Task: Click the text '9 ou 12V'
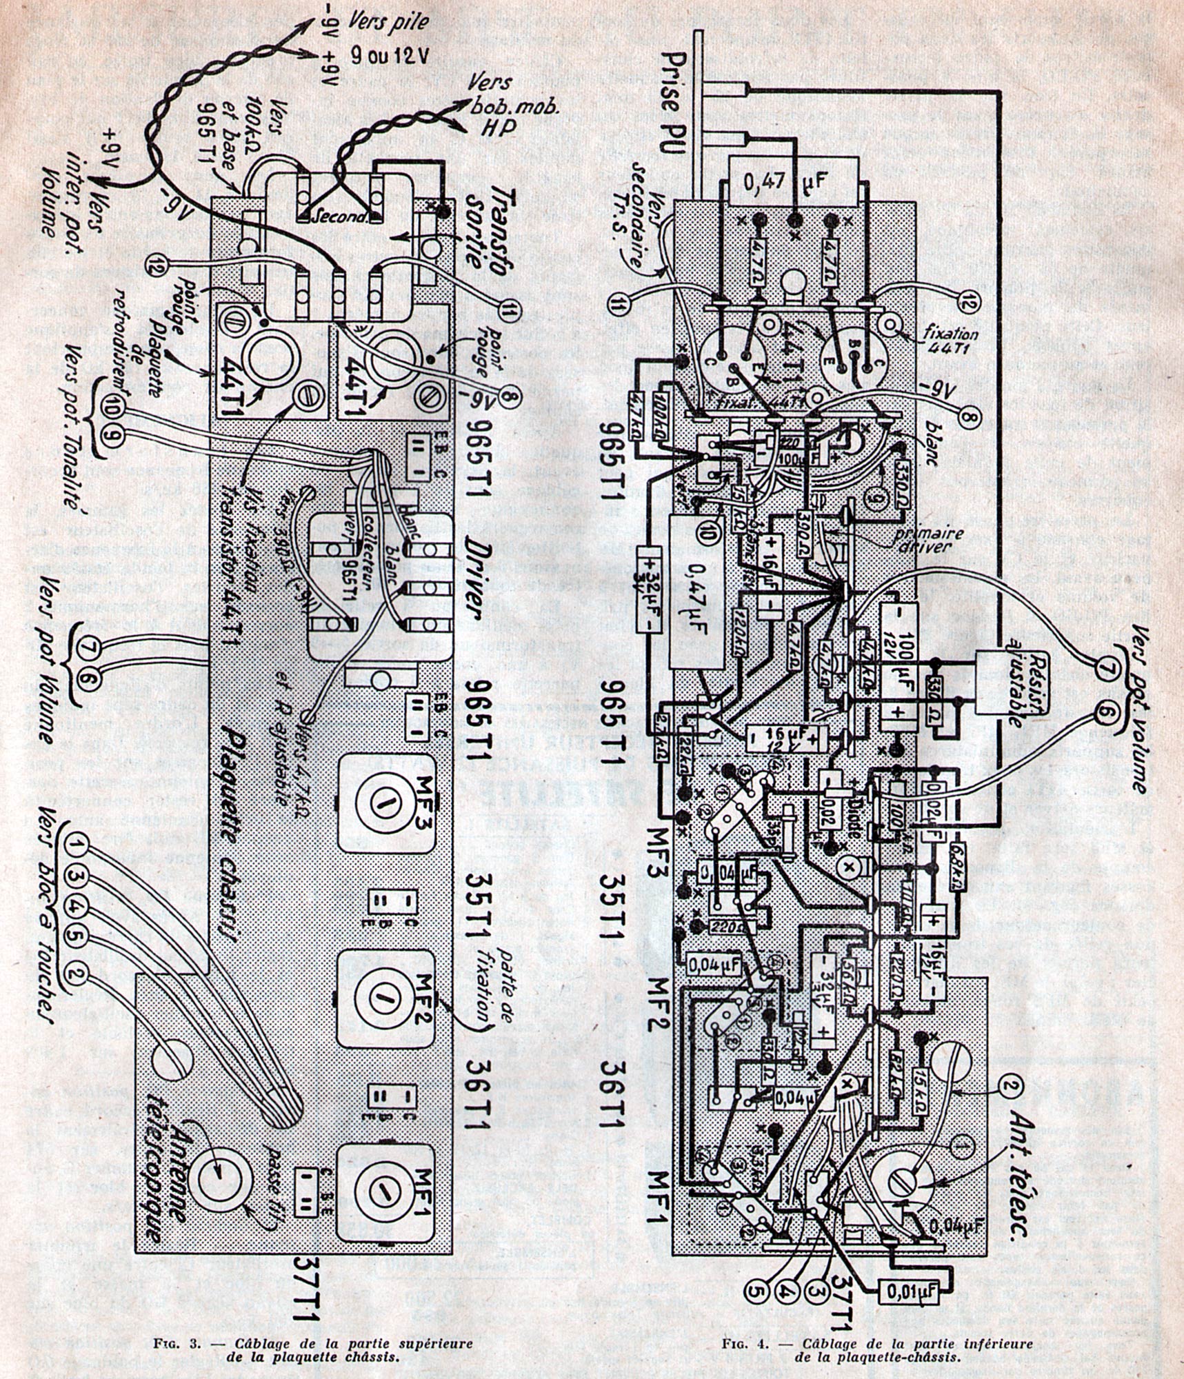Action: click(390, 54)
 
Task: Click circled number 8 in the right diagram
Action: click(970, 416)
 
